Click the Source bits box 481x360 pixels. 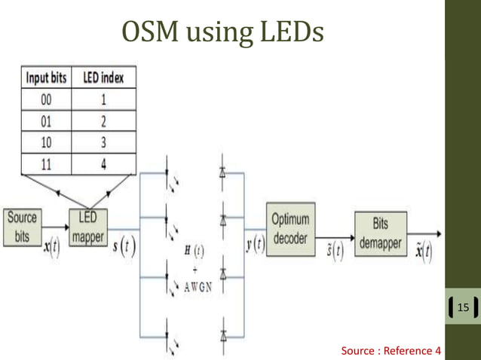pyautogui.click(x=22, y=225)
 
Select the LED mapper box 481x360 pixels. pyautogui.click(x=89, y=226)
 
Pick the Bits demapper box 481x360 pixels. pyautogui.click(x=380, y=225)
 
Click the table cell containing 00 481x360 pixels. pyautogui.click(x=47, y=98)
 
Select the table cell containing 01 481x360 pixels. pyautogui.click(x=47, y=120)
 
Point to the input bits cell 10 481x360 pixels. pyautogui.click(x=47, y=141)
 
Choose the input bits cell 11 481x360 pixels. pyautogui.click(x=47, y=163)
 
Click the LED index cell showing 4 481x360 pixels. pyautogui.click(x=103, y=163)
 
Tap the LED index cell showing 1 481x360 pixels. pyautogui.click(x=103, y=98)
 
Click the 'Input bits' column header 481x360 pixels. pyautogui.click(x=47, y=77)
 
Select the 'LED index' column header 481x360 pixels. pyautogui.click(x=103, y=77)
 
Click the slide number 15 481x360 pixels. pyautogui.click(x=462, y=307)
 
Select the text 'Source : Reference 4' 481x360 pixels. pyautogui.click(x=391, y=350)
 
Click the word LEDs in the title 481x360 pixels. pyautogui.click(x=289, y=33)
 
